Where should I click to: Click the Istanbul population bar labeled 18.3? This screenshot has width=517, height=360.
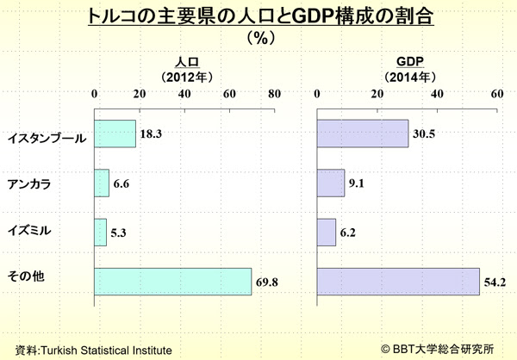[115, 133]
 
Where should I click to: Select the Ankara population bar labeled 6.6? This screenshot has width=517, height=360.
[102, 183]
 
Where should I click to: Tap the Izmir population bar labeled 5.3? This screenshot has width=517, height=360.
[100, 232]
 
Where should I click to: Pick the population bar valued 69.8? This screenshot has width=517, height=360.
[172, 282]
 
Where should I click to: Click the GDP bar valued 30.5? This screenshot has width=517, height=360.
[363, 133]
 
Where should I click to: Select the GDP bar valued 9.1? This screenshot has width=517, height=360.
[331, 183]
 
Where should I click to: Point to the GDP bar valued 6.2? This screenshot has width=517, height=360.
[327, 232]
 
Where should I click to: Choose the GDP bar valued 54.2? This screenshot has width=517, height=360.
[398, 282]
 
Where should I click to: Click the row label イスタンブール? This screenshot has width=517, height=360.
[46, 136]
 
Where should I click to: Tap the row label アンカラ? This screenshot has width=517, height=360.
[30, 184]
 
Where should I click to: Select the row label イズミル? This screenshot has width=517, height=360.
[30, 233]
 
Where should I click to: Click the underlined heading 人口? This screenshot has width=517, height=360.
[186, 61]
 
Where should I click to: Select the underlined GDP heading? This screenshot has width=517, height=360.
[408, 61]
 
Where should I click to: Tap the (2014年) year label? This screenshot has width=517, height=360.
[408, 76]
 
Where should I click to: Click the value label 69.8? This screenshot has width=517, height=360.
[268, 282]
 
